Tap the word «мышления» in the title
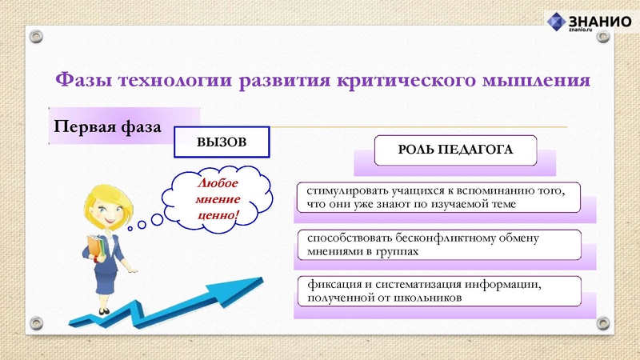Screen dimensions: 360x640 pyautogui.click(x=534, y=81)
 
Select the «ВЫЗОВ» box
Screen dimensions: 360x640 pyautogui.click(x=222, y=142)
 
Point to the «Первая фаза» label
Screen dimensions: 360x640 pyautogui.click(x=107, y=127)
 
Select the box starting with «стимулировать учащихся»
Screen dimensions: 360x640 pyautogui.click(x=435, y=198)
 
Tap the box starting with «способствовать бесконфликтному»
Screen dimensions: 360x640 pyautogui.click(x=435, y=245)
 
